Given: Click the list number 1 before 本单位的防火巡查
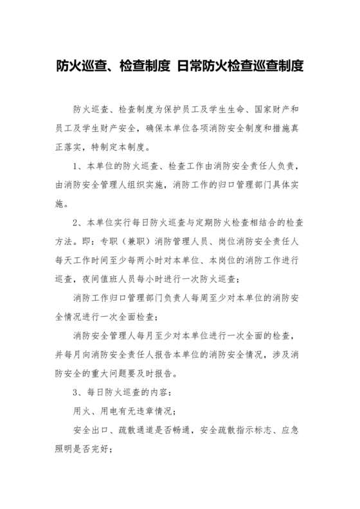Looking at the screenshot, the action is pyautogui.click(x=76, y=166).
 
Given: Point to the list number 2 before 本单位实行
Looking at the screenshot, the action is pyautogui.click(x=76, y=222).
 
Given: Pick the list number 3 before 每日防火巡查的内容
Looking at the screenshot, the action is pyautogui.click(x=76, y=391).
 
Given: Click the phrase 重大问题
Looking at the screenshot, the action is pyautogui.click(x=112, y=372).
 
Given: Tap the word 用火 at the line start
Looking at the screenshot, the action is pyautogui.click(x=82, y=409).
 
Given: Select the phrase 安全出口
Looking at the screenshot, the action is pyautogui.click(x=91, y=428).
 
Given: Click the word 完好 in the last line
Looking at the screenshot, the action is pyautogui.click(x=101, y=447).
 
